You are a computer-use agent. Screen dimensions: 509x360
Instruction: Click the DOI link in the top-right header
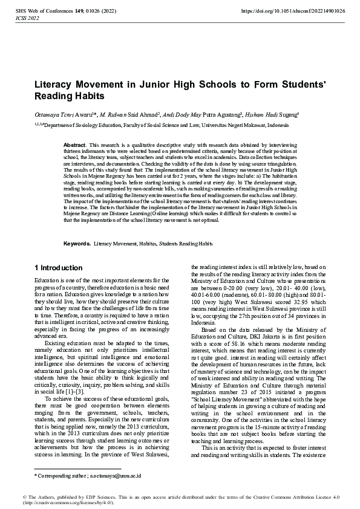(293, 11)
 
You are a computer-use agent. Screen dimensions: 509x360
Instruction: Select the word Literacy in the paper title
(56, 85)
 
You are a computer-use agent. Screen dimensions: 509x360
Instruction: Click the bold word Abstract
(75, 146)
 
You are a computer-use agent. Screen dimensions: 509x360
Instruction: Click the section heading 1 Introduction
(57, 267)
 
